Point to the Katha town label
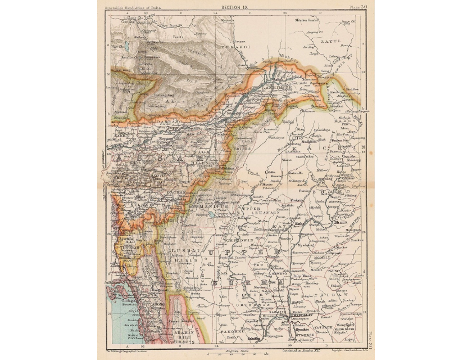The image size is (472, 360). coord(301,223)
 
